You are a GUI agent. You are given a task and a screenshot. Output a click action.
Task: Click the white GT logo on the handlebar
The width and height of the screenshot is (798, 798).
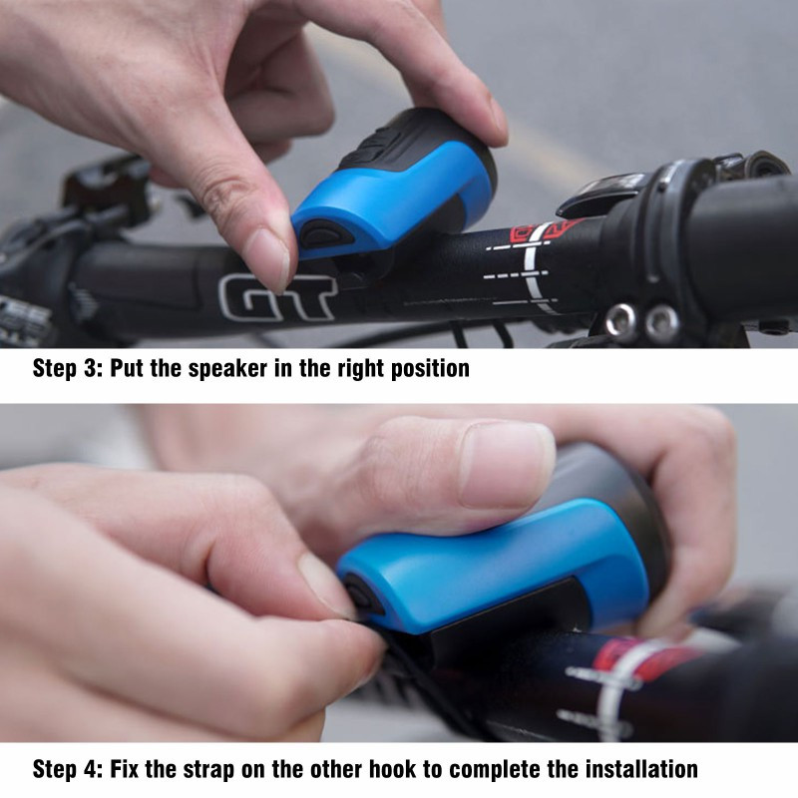pos(277,297)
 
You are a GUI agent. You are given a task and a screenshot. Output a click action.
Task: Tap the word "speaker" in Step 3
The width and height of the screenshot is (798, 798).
pos(227,369)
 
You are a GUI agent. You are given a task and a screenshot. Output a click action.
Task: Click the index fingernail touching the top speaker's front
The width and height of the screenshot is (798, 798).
pos(268,259)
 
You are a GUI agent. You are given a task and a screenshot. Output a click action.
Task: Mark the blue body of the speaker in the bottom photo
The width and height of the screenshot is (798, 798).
pos(489,565)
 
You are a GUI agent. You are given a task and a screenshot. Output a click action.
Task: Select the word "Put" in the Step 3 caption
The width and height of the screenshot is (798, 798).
pos(127,368)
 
